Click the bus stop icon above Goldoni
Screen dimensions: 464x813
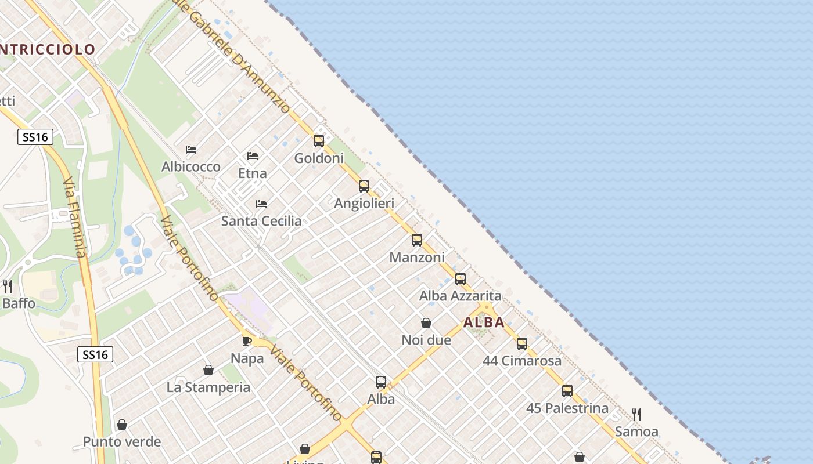[x=319, y=140]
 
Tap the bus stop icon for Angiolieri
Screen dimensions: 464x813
[x=364, y=186]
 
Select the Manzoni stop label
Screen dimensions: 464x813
[x=417, y=257]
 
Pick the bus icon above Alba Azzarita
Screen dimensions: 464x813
[x=461, y=279]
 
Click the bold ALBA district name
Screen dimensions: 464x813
[x=484, y=322]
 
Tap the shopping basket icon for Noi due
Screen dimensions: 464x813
[x=426, y=323]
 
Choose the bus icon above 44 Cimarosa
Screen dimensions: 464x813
[x=522, y=344]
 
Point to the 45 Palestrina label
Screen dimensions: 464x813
[x=567, y=408]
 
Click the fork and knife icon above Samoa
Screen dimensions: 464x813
[x=636, y=414]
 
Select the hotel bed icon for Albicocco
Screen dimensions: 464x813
[x=190, y=150]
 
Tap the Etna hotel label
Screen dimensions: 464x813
[x=253, y=173]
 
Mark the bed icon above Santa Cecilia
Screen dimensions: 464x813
[x=261, y=204]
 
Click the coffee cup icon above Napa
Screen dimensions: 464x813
[x=247, y=341]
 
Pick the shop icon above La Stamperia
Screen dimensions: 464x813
[x=208, y=370]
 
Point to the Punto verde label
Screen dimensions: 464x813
[x=122, y=442]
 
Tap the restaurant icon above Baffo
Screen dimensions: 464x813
[x=8, y=286]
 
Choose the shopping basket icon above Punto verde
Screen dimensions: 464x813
[x=122, y=425]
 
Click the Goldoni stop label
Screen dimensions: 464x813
[x=319, y=158]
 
